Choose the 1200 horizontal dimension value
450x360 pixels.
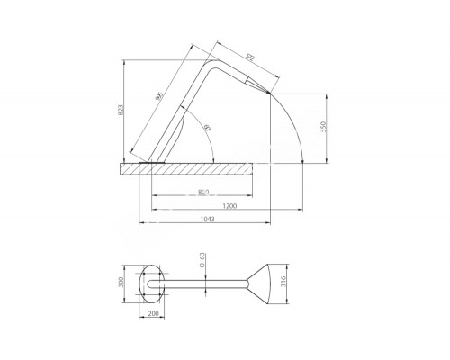[x=230, y=207]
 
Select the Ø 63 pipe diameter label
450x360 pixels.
[x=203, y=262]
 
